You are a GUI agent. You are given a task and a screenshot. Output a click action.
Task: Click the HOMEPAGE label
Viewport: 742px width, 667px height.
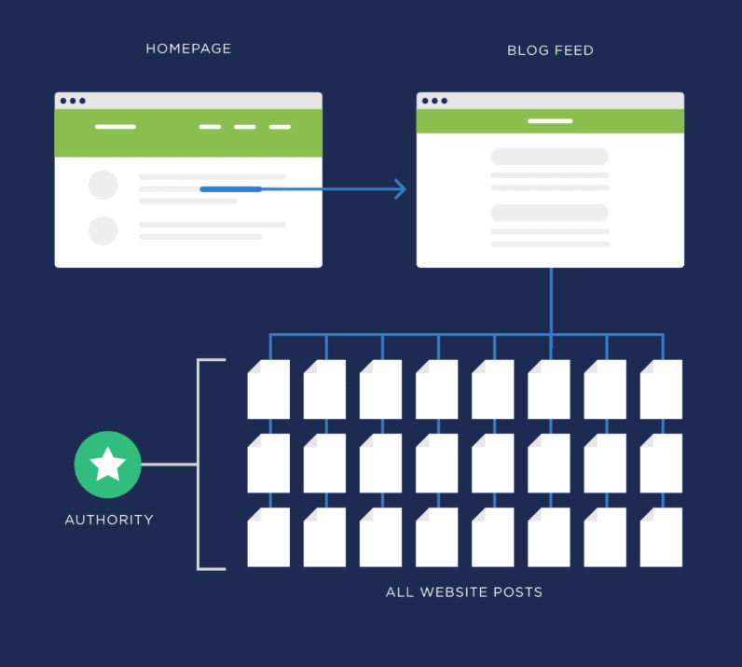(x=188, y=49)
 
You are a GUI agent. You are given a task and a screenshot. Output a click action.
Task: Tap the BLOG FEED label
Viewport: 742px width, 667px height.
(x=550, y=50)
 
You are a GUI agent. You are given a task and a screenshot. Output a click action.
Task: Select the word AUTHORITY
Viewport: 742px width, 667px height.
(x=109, y=520)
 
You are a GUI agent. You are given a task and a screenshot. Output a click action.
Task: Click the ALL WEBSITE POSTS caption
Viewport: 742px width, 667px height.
(x=464, y=592)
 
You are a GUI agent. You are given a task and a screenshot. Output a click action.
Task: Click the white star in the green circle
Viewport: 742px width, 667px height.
(x=108, y=464)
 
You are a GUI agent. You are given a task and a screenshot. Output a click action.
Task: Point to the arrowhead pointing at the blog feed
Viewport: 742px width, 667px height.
(x=400, y=189)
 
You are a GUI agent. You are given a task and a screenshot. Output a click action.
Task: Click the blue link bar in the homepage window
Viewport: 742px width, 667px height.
(x=230, y=189)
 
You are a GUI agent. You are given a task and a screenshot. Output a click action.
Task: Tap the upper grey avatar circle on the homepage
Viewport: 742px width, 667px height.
(x=103, y=185)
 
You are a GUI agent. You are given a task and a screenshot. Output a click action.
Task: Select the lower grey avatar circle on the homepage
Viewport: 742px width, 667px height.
(x=103, y=230)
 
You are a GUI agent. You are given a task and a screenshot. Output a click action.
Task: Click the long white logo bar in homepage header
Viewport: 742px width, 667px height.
(x=116, y=126)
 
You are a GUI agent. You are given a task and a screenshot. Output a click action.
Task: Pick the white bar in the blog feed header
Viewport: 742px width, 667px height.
(x=550, y=120)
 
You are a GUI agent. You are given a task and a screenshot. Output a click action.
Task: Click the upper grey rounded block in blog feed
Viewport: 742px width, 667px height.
(x=550, y=156)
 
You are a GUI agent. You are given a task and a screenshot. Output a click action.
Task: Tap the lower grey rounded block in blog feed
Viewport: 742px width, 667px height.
(x=550, y=213)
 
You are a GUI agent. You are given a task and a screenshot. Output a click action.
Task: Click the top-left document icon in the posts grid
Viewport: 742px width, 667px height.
(x=268, y=389)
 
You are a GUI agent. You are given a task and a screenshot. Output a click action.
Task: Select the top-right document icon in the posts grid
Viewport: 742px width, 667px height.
(x=661, y=389)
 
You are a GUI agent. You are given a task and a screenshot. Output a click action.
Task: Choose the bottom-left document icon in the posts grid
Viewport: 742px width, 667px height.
(x=268, y=537)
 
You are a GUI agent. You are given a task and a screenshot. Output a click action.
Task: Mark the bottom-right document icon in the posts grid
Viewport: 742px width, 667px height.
(x=661, y=537)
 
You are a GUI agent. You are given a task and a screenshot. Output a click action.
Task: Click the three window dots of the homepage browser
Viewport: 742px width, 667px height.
(x=73, y=101)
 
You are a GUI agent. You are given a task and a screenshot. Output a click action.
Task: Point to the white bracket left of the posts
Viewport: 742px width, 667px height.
(x=199, y=464)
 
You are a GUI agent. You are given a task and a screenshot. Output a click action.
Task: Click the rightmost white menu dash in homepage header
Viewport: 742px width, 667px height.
(x=280, y=126)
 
